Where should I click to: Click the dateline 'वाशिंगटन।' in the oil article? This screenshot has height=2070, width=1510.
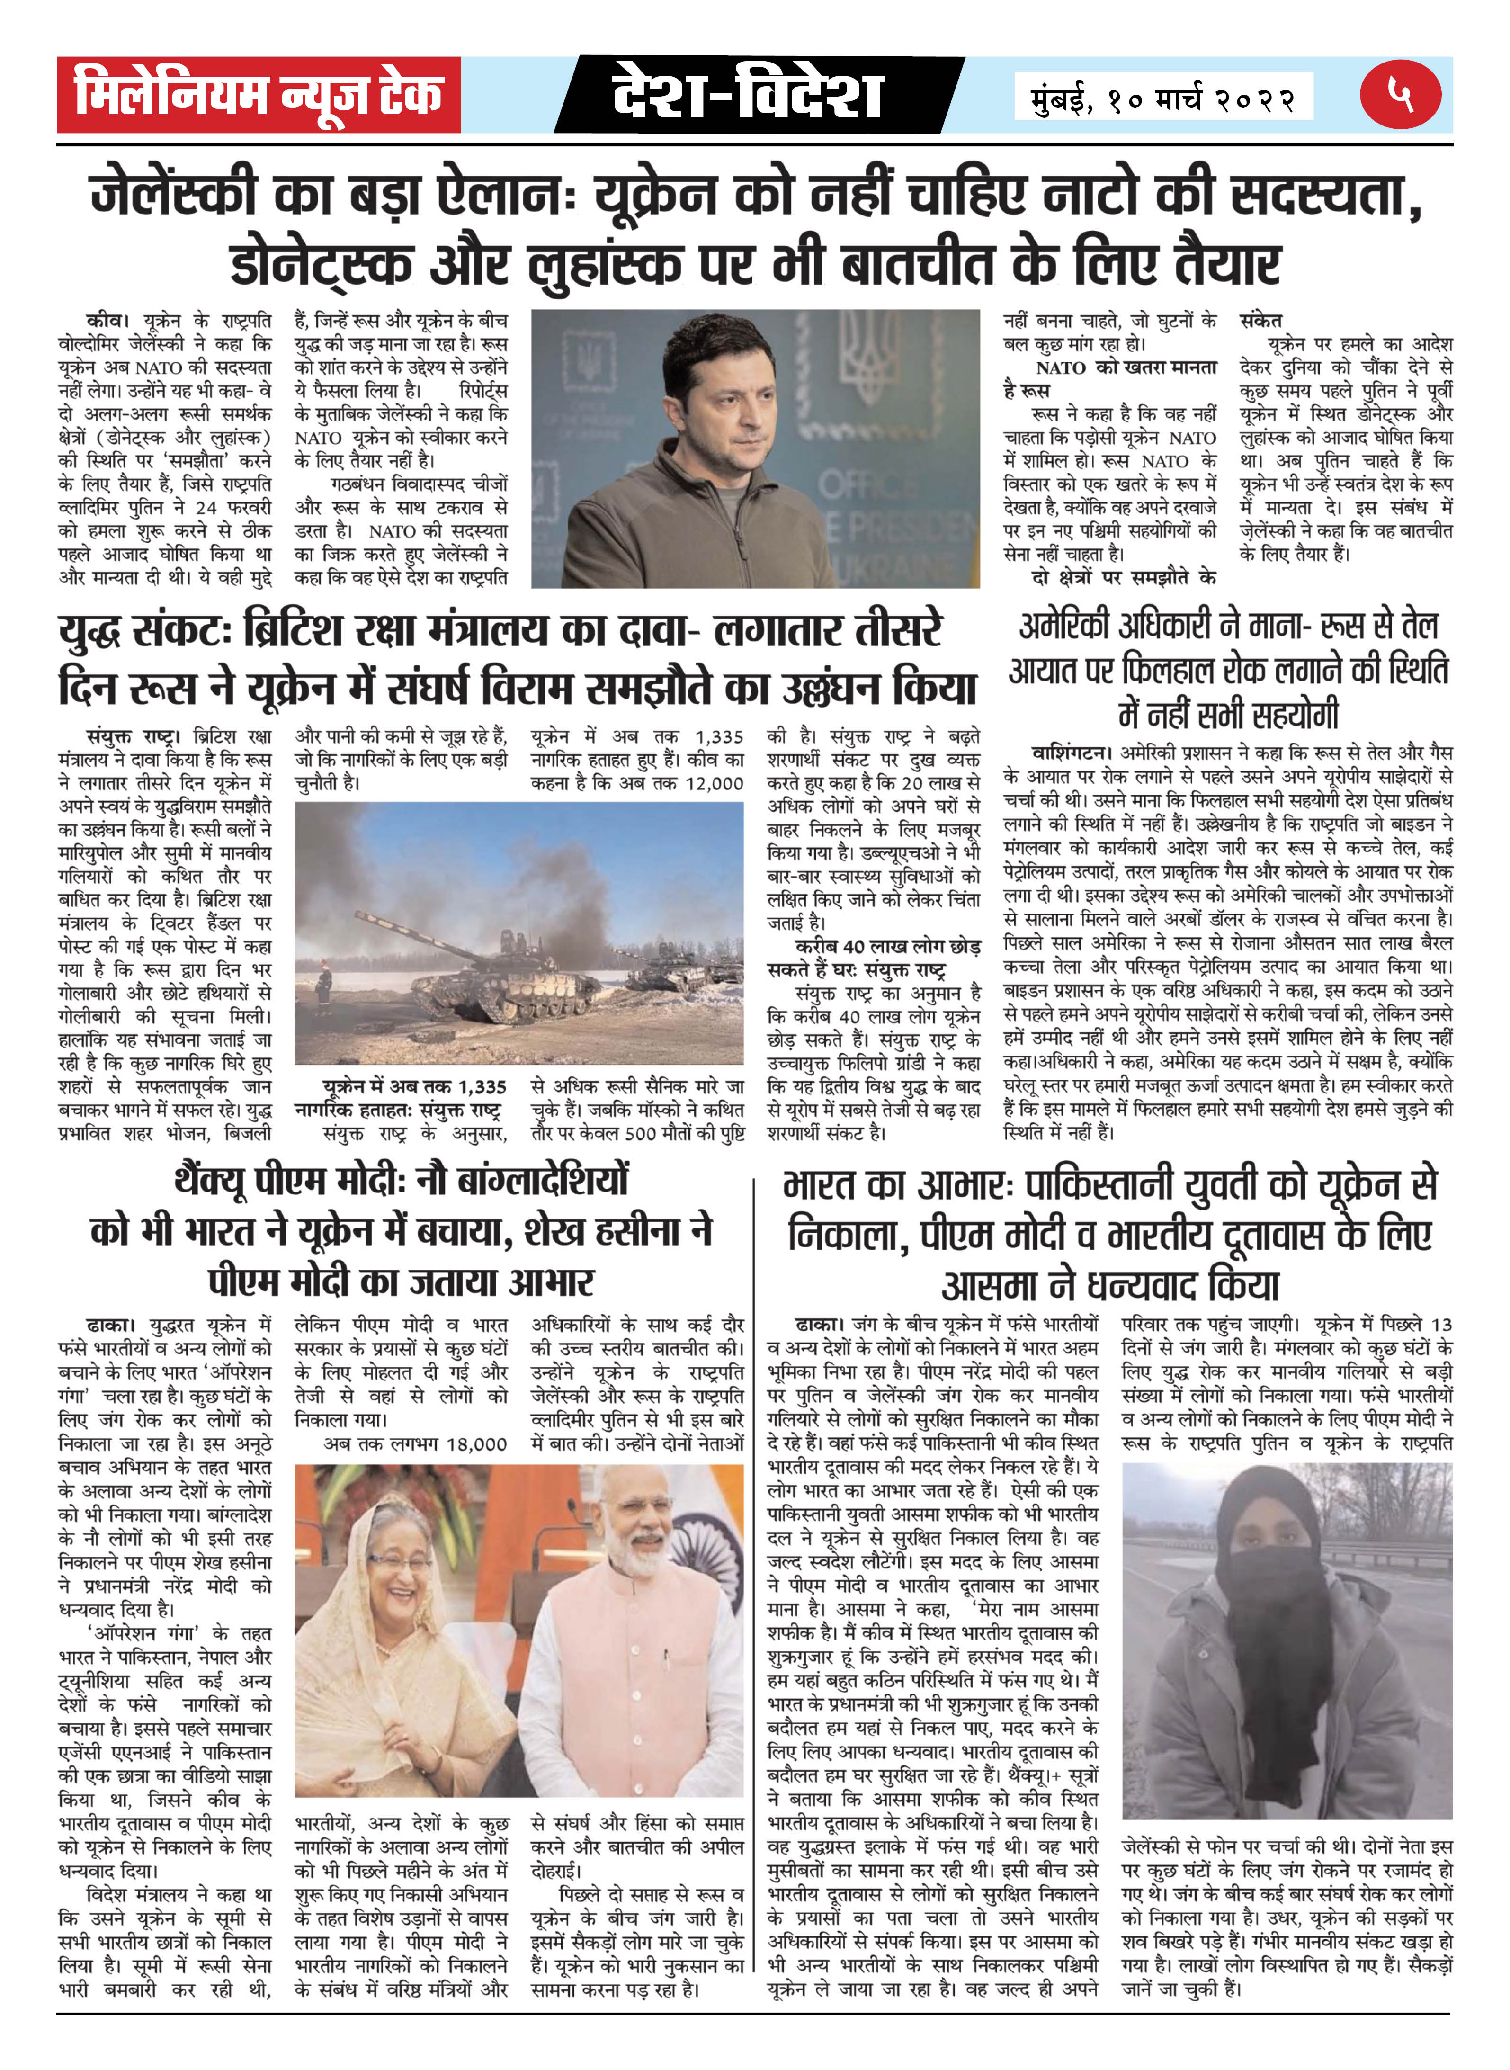tap(1071, 753)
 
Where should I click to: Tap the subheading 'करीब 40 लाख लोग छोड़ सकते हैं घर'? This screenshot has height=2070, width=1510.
tap(873, 957)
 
